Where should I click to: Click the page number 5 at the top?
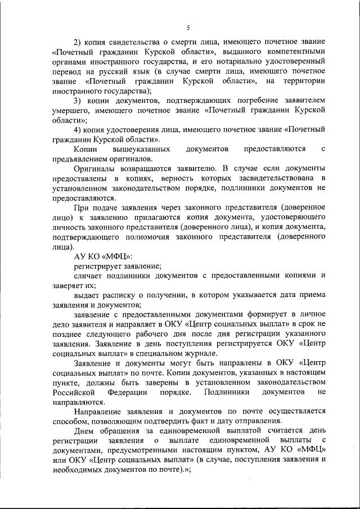tap(188, 26)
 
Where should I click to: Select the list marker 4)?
tap(78, 129)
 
